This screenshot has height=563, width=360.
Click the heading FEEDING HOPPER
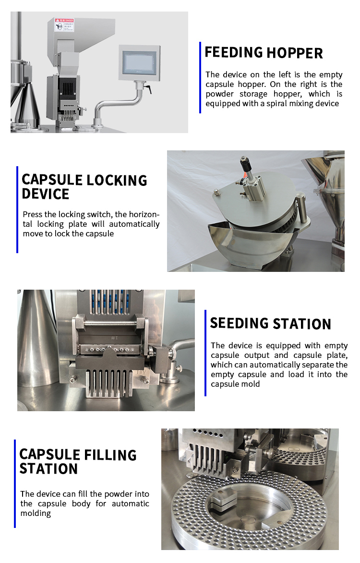(x=264, y=52)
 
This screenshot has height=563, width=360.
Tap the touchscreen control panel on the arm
(x=140, y=61)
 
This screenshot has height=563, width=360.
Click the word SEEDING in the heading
(x=239, y=323)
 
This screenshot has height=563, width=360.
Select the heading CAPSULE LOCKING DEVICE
(x=84, y=187)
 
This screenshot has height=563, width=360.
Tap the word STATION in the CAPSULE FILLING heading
(x=48, y=469)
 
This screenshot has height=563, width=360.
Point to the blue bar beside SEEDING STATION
(x=205, y=353)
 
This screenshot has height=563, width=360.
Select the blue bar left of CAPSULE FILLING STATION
(x=15, y=483)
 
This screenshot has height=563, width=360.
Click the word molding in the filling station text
(x=35, y=513)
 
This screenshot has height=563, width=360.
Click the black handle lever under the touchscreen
(x=148, y=89)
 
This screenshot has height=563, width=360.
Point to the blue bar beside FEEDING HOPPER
(x=200, y=77)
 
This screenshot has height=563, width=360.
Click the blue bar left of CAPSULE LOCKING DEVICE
(x=17, y=209)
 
